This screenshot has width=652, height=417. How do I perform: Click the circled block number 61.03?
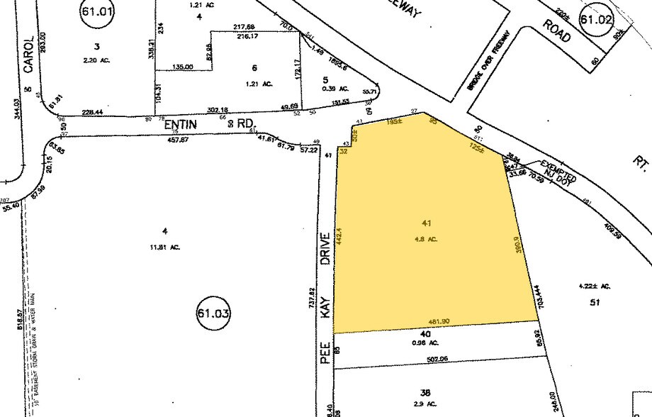pyautogui.click(x=213, y=313)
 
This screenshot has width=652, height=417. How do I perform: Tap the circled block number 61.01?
pyautogui.click(x=96, y=13)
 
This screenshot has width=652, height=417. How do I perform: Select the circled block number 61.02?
pyautogui.click(x=595, y=20)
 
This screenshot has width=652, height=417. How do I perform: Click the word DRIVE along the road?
pyautogui.click(x=327, y=250)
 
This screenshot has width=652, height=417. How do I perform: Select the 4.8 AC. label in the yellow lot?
pyautogui.click(x=426, y=239)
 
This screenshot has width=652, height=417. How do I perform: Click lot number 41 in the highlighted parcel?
pyautogui.click(x=426, y=225)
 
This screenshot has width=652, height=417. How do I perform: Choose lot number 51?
pyautogui.click(x=595, y=301)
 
